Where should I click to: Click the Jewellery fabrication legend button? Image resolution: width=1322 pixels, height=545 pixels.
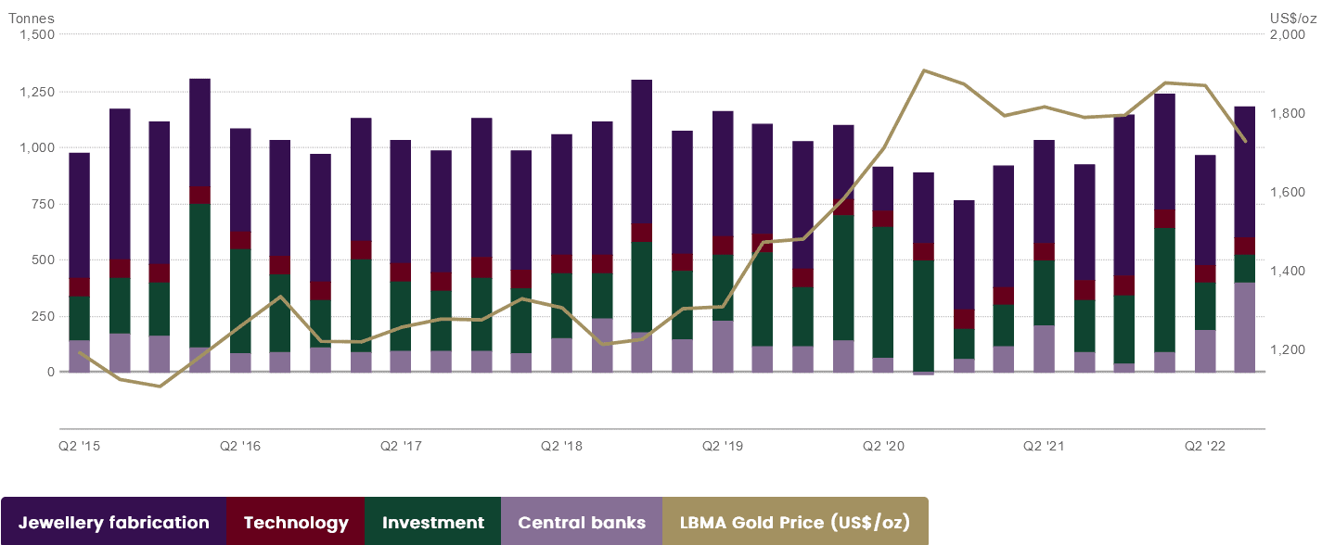113,523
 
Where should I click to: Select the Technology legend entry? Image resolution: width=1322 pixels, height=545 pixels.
295,523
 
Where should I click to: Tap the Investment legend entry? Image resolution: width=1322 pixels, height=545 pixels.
432,523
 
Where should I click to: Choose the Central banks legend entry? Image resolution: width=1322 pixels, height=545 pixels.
582,523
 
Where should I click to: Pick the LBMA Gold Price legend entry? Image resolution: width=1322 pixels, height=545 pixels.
795,523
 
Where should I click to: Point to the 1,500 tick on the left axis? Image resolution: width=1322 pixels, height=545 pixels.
37,34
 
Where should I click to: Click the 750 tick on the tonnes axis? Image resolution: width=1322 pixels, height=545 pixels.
42,204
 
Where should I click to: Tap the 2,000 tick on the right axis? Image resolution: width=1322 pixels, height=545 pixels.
1288,35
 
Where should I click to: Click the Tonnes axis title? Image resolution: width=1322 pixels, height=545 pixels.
32,18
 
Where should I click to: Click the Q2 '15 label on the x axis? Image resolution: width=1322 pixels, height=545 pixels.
80,447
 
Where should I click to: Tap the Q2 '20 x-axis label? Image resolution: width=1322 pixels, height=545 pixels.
882,447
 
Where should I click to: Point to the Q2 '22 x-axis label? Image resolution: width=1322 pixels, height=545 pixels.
1205,447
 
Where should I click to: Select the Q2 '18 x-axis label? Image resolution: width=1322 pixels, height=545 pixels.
561,447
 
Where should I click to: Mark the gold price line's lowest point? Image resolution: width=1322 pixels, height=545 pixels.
160,386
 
